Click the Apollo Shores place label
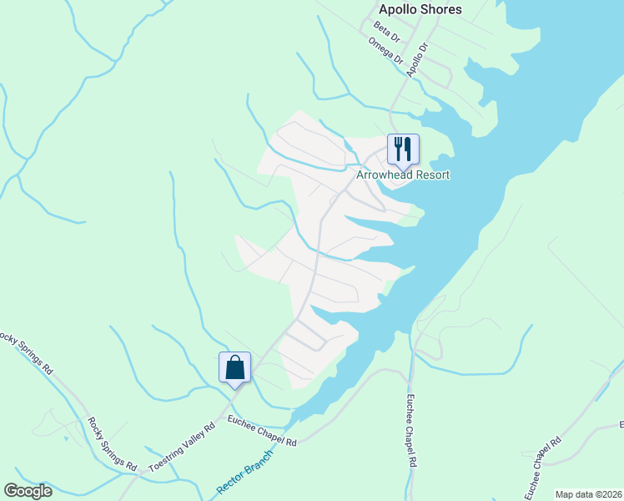(x=420, y=10)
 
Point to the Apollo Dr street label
(x=416, y=59)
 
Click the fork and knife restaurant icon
(x=402, y=149)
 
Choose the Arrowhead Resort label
(x=403, y=175)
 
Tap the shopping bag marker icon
(x=234, y=367)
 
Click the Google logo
(x=28, y=491)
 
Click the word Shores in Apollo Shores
(x=441, y=10)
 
